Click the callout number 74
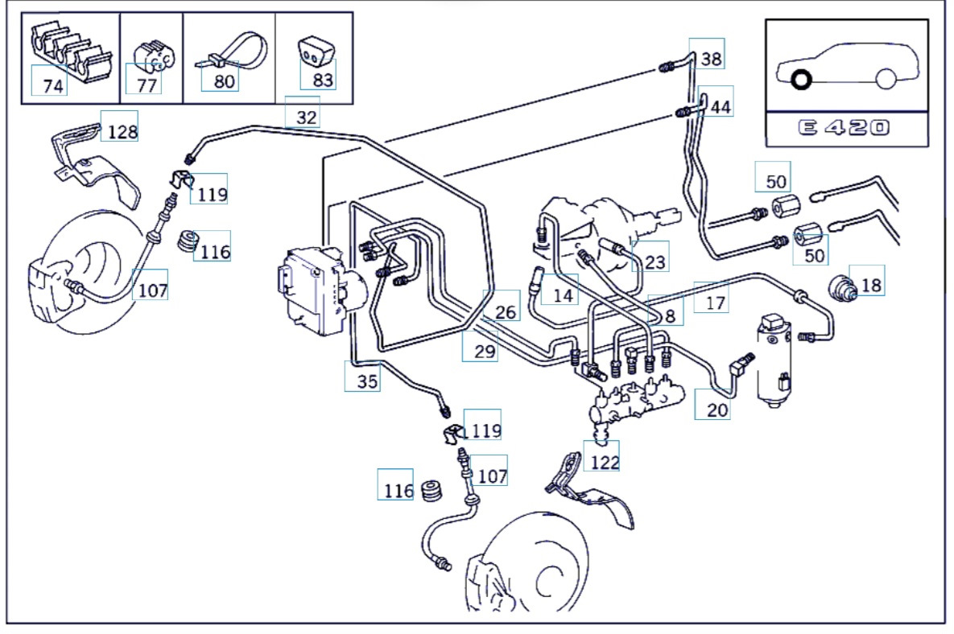click(52, 86)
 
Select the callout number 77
click(147, 85)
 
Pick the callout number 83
click(323, 80)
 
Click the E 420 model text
click(846, 128)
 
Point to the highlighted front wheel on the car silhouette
click(801, 80)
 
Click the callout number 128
click(122, 131)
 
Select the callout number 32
click(306, 117)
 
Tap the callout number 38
click(711, 58)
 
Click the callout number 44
click(721, 106)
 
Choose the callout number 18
click(871, 284)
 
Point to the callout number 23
click(655, 261)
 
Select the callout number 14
click(564, 295)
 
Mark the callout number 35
click(367, 381)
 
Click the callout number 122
click(605, 462)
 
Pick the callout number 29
click(485, 350)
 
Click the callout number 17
click(715, 303)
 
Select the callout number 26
click(506, 312)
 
